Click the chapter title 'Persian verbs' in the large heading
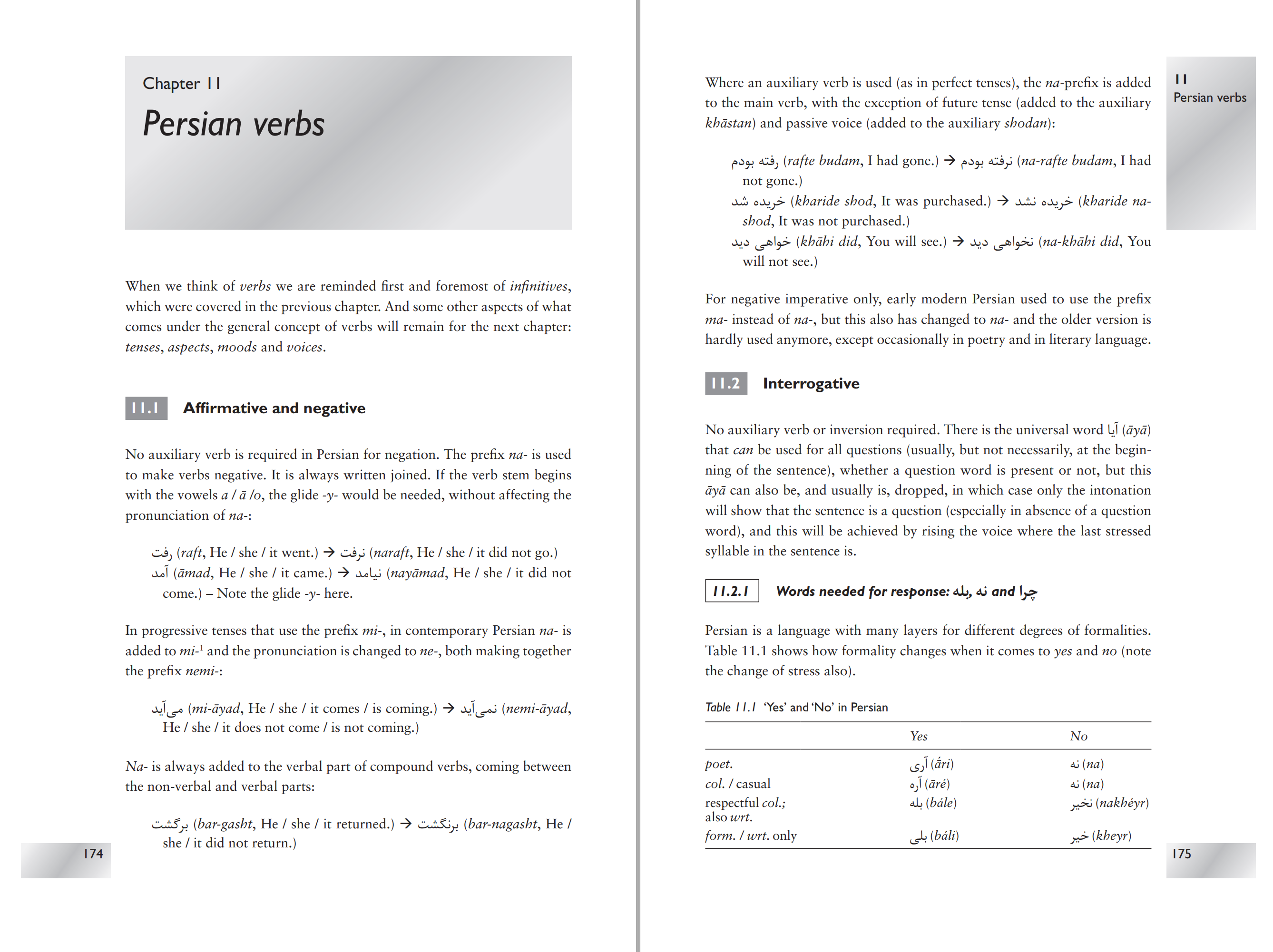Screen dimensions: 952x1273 point(233,124)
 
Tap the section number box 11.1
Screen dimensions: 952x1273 point(146,408)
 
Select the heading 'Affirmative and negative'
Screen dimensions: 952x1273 point(274,408)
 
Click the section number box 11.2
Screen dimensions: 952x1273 point(726,384)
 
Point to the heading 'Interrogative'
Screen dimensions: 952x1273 point(811,384)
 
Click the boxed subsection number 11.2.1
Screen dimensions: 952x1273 point(732,591)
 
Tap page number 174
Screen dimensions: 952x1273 point(93,854)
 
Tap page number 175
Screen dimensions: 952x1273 point(1182,854)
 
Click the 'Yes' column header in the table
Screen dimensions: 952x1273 point(919,736)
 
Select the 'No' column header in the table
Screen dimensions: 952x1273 point(1078,736)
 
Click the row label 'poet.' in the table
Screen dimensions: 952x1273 point(719,764)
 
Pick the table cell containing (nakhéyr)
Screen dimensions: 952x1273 point(1109,803)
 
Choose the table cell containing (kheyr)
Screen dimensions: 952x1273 point(1100,836)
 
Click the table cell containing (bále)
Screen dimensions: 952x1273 point(933,803)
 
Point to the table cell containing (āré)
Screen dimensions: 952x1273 point(930,784)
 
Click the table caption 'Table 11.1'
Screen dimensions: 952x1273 point(730,708)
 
